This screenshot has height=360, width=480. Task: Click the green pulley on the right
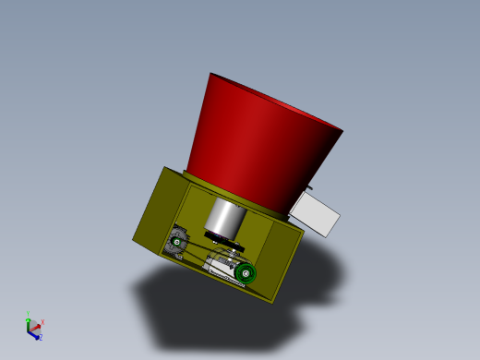pos(246,272)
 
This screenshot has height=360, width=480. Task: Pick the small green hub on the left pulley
pos(176,243)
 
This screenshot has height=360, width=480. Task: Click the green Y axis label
pos(29,315)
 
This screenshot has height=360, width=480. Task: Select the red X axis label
pos(42,322)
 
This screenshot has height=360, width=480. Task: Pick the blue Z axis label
pos(41,338)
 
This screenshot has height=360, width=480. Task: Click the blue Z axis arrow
pos(34,334)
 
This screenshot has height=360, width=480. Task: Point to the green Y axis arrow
pos(29,322)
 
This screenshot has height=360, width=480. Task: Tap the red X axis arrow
pos(36,325)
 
